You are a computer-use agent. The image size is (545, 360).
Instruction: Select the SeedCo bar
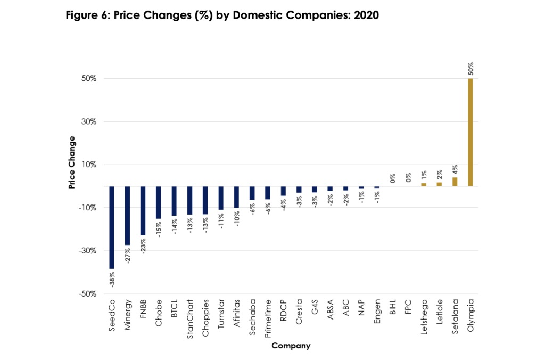112,227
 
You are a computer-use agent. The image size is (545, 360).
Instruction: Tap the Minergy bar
127,216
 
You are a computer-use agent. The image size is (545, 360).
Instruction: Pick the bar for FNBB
143,211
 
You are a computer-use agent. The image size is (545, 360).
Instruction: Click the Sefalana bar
455,182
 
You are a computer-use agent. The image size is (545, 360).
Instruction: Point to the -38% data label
112,279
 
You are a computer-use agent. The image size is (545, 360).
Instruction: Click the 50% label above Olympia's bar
470,69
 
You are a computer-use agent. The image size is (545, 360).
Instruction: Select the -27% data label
128,255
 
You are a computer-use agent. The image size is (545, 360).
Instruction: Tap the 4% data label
455,168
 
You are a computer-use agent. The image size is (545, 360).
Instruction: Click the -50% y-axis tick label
86,293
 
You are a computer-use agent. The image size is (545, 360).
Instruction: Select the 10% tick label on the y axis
87,165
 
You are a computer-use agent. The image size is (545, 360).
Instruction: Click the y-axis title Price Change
71,162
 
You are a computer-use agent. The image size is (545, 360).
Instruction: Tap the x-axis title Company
291,346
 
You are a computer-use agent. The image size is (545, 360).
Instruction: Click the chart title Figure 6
222,15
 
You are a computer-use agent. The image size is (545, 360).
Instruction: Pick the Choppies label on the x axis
205,321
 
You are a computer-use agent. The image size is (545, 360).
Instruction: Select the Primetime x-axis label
268,322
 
